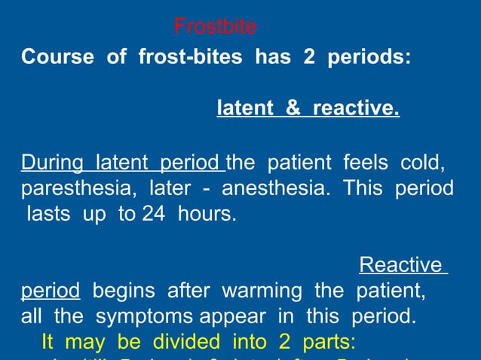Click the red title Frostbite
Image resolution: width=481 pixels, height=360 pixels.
[215, 27]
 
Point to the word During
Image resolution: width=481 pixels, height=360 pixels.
[55, 162]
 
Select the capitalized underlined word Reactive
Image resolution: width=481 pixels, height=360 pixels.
[400, 264]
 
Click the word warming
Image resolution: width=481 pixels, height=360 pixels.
[255, 291]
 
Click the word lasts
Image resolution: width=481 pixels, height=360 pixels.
[48, 214]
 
